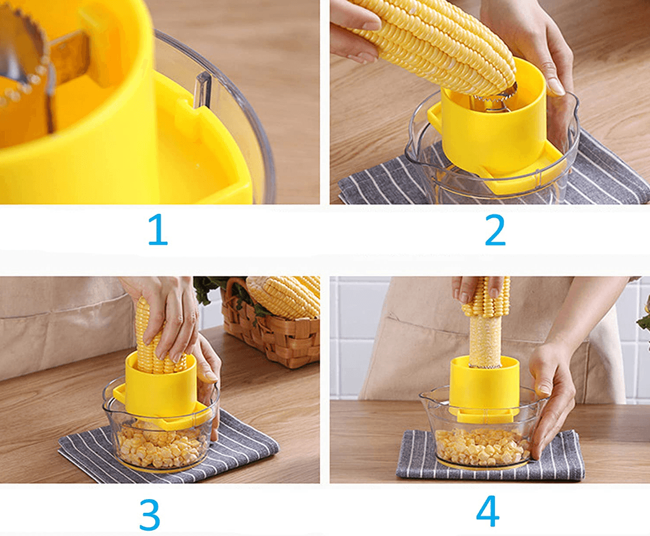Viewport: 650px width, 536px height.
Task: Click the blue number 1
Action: (158, 231)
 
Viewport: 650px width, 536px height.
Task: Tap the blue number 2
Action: (495, 231)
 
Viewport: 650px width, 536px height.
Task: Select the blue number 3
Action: (150, 514)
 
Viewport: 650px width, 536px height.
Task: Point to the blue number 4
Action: (488, 512)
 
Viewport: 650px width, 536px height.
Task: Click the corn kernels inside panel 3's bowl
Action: (159, 449)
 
